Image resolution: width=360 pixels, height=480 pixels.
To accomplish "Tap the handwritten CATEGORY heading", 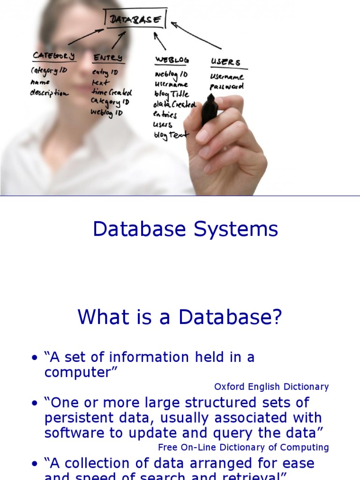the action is [54, 56].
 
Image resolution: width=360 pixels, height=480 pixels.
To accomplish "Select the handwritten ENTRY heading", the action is [108, 58].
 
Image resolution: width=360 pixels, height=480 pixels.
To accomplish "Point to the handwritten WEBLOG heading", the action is [172, 60].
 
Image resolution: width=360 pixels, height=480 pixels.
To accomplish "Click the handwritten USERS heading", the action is [225, 62].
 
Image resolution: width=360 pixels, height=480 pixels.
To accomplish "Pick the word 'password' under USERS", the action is [227, 87].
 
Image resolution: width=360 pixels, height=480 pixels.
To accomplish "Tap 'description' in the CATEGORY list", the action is [49, 93].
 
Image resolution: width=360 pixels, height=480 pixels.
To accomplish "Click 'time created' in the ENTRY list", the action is [112, 92].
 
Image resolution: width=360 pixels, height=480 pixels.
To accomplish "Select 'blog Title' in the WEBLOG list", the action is [171, 94].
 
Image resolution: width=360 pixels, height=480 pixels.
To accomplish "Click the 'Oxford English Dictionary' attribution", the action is [271, 387].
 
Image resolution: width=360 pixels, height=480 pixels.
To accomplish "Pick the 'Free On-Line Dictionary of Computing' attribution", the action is [243, 447].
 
